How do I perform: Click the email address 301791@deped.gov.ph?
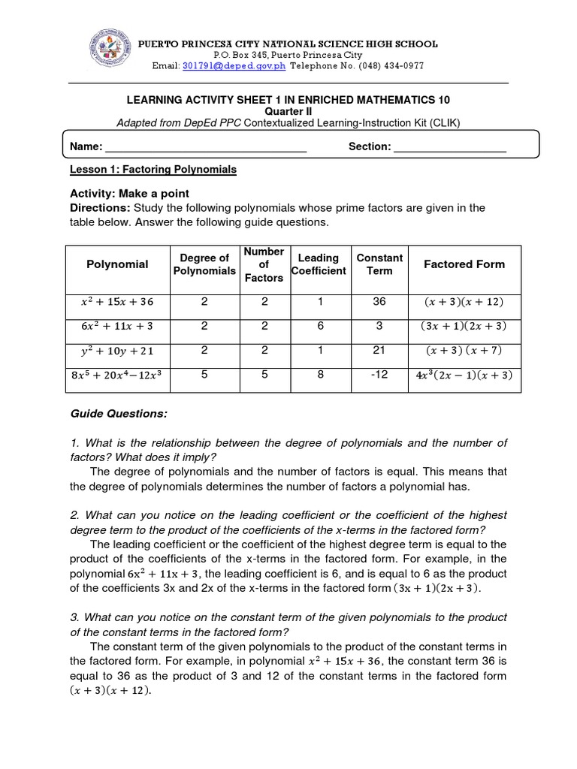[x=225, y=65]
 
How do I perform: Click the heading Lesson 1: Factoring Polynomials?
[x=153, y=170]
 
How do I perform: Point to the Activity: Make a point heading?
[x=129, y=193]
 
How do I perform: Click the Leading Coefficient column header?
[x=319, y=264]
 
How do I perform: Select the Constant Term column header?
[x=379, y=264]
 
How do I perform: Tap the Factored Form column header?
[x=464, y=264]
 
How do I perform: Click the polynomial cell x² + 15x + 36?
[x=116, y=302]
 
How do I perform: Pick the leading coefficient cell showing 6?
[x=319, y=326]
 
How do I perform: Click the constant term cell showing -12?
[x=379, y=374]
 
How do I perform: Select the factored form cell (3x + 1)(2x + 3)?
[x=464, y=326]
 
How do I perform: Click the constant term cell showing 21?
[x=379, y=350]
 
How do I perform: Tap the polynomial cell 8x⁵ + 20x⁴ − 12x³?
[x=116, y=375]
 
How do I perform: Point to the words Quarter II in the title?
[x=288, y=111]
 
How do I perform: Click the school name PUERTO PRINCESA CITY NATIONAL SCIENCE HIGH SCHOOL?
[x=288, y=44]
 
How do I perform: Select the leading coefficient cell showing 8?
[x=319, y=374]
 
